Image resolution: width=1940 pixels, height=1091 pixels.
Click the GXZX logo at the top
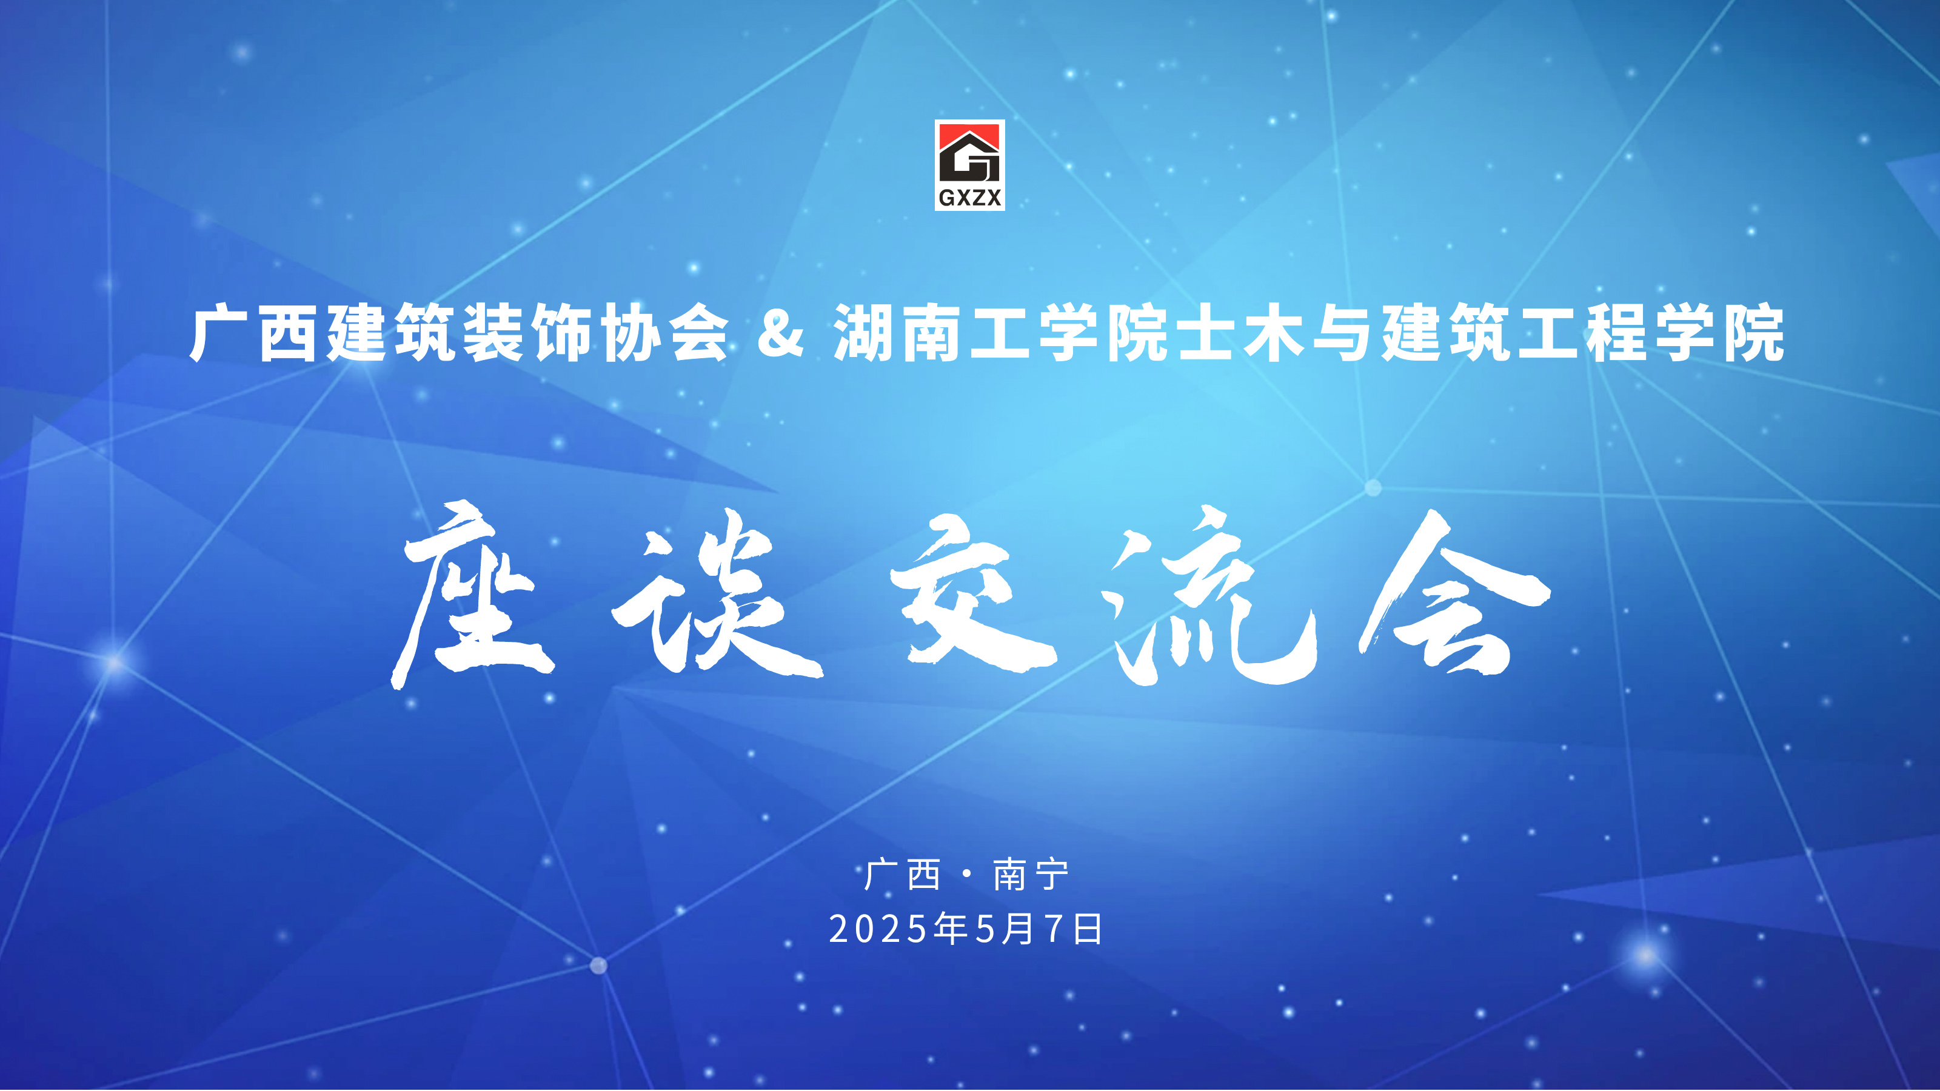(x=969, y=165)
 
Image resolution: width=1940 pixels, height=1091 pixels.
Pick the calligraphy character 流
(x=1208, y=595)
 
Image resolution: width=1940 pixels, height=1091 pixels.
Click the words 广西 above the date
(x=902, y=875)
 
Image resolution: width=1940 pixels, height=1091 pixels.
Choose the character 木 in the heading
(x=1273, y=333)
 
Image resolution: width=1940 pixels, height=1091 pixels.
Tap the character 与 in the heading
(x=1341, y=333)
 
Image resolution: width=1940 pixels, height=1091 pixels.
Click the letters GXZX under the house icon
(x=970, y=197)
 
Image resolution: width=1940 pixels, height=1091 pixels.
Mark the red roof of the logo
(x=969, y=136)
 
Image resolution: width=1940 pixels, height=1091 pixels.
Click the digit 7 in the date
(x=1057, y=929)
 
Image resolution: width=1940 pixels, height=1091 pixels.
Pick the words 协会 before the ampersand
(x=665, y=333)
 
